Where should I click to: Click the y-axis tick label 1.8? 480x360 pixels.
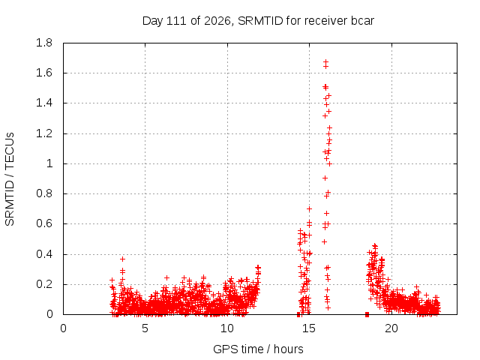point(44,43)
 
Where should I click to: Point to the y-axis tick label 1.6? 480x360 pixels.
point(44,73)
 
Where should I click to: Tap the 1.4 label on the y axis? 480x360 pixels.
point(44,103)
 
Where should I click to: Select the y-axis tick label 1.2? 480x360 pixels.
point(44,133)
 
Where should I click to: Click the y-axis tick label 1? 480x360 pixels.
point(49,163)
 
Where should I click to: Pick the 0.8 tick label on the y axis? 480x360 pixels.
point(44,193)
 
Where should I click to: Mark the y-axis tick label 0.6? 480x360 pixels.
point(44,223)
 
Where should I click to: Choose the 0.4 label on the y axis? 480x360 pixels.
point(44,254)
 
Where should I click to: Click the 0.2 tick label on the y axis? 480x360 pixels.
point(44,284)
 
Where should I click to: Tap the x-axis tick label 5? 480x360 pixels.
point(145,328)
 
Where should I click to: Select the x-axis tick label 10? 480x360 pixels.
point(227,328)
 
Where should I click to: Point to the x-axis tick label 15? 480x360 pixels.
point(309,328)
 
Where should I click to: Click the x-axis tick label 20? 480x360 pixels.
point(391,328)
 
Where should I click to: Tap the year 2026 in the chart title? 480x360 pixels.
point(217,21)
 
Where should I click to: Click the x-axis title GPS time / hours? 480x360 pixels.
point(258,349)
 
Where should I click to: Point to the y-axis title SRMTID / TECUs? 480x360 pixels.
point(10,179)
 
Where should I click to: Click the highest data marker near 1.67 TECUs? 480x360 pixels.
point(325,61)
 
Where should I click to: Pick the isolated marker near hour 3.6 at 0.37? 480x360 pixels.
point(122,259)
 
